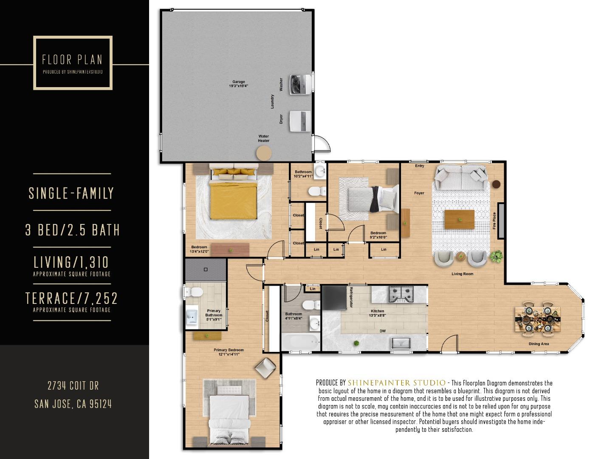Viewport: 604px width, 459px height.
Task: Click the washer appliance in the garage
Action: click(300, 85)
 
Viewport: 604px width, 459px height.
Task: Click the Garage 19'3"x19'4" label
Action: click(238, 84)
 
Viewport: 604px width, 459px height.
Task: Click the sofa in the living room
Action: click(461, 178)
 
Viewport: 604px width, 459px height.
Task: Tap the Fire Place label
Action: click(494, 221)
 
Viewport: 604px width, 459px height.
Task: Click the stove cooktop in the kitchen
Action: click(401, 294)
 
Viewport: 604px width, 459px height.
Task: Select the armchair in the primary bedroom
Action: click(266, 368)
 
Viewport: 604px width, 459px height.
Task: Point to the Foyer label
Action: click(419, 193)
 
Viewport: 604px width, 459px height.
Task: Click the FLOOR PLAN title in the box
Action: click(72, 59)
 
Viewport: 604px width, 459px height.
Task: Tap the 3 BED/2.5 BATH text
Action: click(73, 230)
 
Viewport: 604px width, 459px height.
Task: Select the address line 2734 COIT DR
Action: click(73, 386)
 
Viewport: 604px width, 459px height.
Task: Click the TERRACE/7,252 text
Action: click(72, 298)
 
